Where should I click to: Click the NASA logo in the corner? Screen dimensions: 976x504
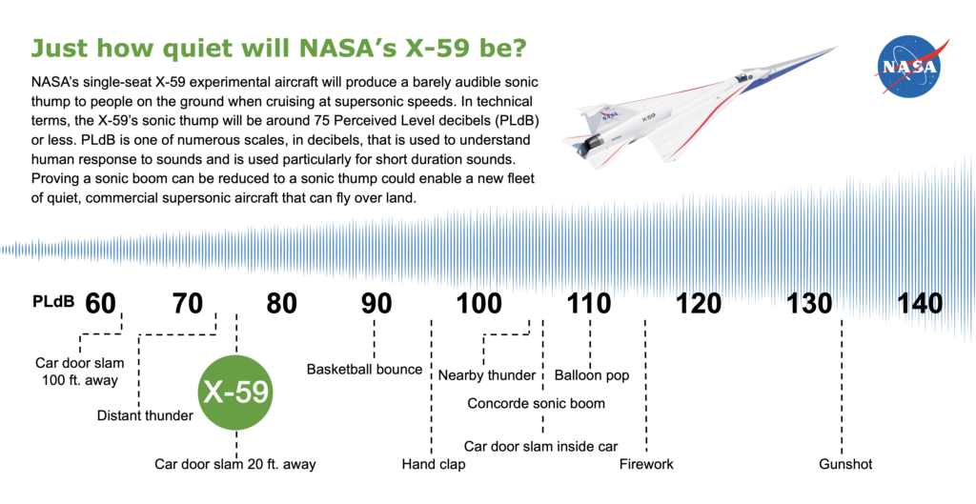[x=910, y=67]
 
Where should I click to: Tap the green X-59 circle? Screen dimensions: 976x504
[x=236, y=393]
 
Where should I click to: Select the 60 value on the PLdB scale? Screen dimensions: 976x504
[x=100, y=304]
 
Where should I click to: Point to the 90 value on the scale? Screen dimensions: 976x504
[x=376, y=304]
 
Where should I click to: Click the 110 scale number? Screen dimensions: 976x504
[x=588, y=304]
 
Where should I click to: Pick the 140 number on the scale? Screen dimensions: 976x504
[x=920, y=304]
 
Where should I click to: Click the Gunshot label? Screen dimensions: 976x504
[x=845, y=464]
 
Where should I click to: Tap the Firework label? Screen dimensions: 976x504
[x=646, y=464]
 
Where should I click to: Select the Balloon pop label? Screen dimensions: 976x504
[x=591, y=375]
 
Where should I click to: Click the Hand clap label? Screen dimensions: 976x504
[x=434, y=464]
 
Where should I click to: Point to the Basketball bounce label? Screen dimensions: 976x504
[x=365, y=370]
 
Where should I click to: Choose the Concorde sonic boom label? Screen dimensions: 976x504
[x=536, y=404]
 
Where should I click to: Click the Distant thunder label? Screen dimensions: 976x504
[x=145, y=415]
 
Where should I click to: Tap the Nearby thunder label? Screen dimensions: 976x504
[x=487, y=375]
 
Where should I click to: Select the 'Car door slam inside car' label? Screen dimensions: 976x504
[x=541, y=447]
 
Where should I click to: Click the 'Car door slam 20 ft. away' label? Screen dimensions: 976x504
[x=235, y=464]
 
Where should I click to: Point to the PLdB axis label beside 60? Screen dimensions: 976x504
[x=53, y=302]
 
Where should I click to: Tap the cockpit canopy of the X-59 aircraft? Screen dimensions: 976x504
[x=742, y=76]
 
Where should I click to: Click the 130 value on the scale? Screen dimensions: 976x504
[x=809, y=304]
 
